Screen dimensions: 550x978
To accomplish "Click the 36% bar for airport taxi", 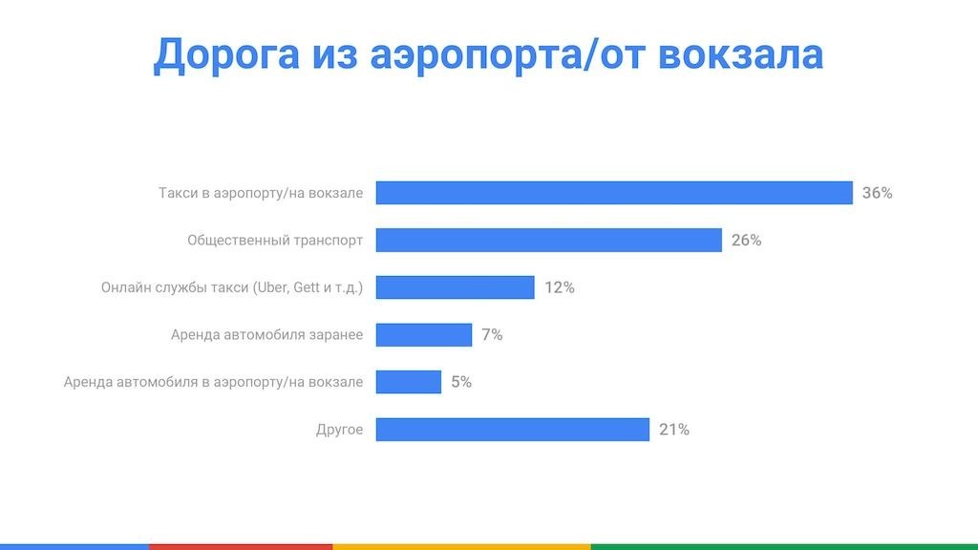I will tap(613, 193).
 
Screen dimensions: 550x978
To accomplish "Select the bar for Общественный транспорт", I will tap(548, 240).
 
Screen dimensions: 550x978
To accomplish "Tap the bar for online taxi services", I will tap(455, 287).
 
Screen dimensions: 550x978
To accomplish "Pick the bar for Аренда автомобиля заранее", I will tap(423, 334).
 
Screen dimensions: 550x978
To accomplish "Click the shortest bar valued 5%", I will tap(408, 382).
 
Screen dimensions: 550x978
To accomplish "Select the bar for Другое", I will tap(512, 429).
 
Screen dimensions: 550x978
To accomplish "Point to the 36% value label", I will tap(877, 193).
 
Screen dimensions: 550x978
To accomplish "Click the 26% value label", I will tap(746, 241).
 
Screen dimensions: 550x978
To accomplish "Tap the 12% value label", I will tap(559, 287).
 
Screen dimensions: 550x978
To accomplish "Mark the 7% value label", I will tap(492, 335).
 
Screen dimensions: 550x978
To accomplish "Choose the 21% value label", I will tap(673, 430).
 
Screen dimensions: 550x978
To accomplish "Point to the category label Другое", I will tap(339, 430).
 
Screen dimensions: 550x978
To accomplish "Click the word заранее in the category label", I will tap(336, 335).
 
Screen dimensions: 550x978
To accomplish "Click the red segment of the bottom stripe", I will tap(241, 546).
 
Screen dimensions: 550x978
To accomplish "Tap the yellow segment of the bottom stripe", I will tap(461, 546).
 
